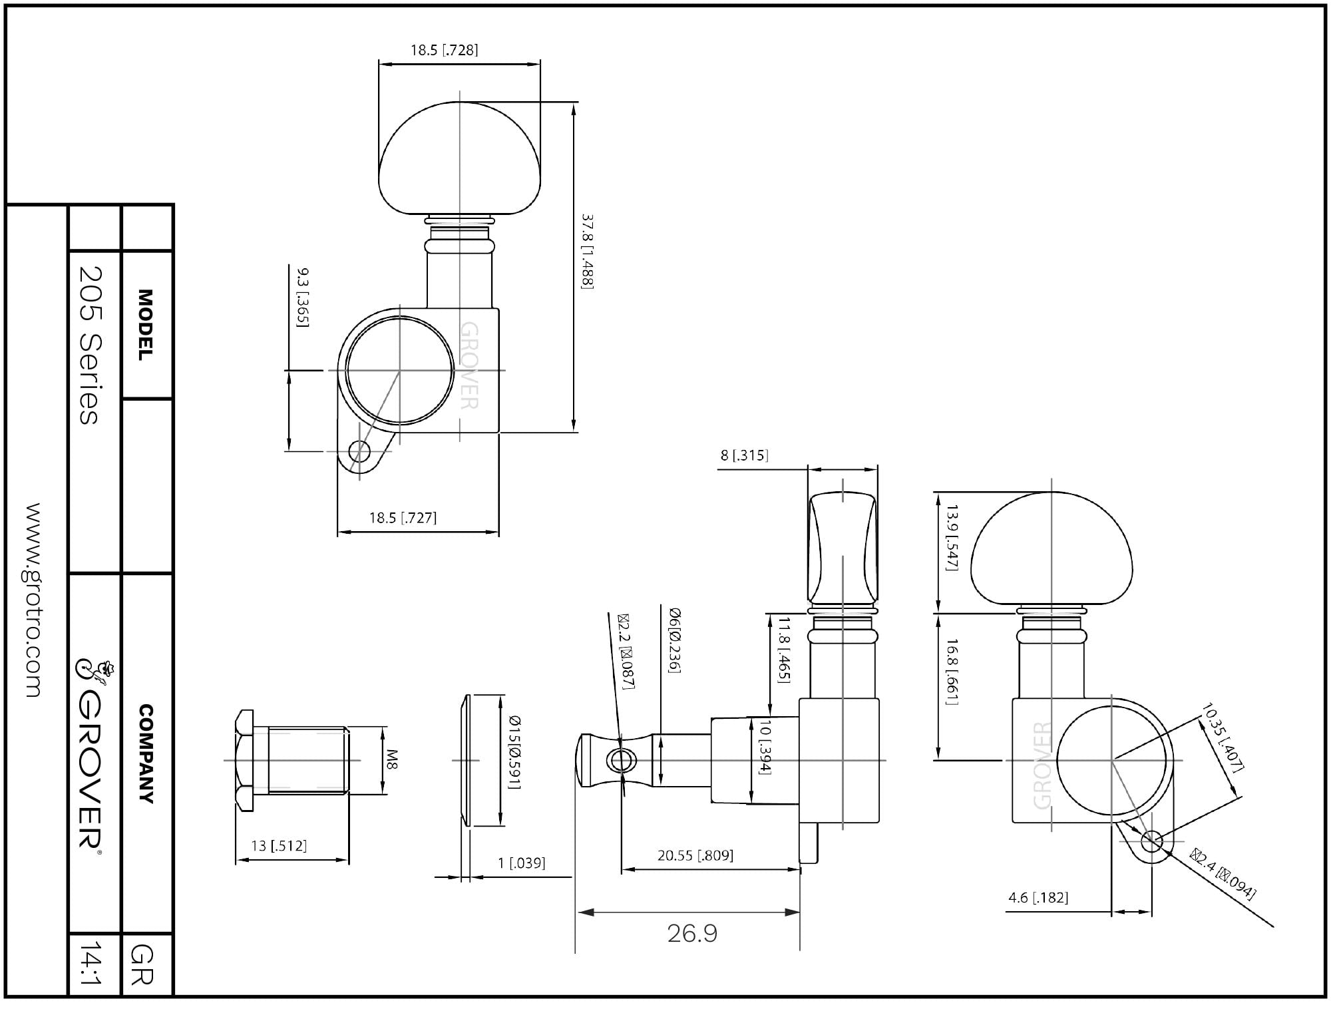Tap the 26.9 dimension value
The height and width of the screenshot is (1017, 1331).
692,934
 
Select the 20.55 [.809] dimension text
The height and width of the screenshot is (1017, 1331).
695,855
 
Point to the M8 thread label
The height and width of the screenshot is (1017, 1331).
393,760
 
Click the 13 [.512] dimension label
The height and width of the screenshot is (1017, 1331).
279,845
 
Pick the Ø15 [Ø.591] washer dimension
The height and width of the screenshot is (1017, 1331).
514,752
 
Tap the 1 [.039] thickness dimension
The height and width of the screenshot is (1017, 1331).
522,863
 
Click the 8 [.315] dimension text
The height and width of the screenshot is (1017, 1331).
744,455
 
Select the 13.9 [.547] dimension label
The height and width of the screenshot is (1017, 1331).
952,538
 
